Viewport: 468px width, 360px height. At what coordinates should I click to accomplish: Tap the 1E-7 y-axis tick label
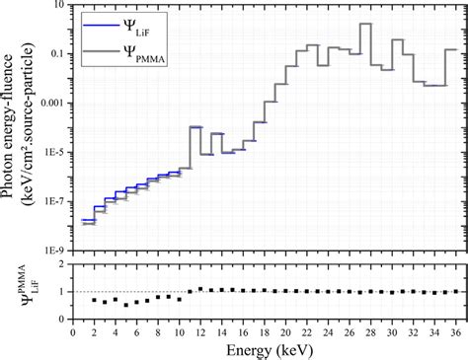pos(53,202)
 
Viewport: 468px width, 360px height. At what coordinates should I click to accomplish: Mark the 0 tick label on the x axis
pos(72,332)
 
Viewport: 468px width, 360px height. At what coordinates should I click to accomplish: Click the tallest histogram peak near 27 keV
pos(365,25)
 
